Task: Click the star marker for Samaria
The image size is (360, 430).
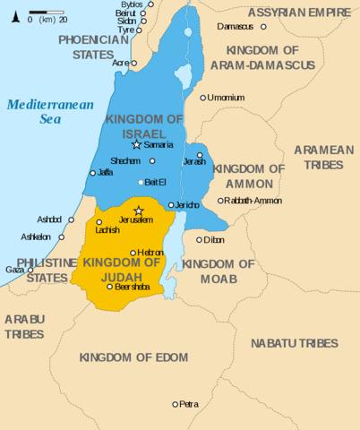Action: point(136,144)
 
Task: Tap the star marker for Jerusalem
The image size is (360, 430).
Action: point(138,211)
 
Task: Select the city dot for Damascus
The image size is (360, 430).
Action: point(211,27)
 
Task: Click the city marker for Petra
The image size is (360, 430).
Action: point(176,404)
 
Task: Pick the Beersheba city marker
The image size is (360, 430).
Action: point(110,287)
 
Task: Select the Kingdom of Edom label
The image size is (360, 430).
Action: point(133,357)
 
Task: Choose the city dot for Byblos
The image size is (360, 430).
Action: point(150,4)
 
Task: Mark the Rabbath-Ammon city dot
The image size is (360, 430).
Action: point(221,201)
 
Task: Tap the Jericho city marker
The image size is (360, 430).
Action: point(170,205)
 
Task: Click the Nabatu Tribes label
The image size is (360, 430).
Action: point(294,343)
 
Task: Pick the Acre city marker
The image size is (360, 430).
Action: point(133,63)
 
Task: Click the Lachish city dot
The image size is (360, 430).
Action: point(99,222)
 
